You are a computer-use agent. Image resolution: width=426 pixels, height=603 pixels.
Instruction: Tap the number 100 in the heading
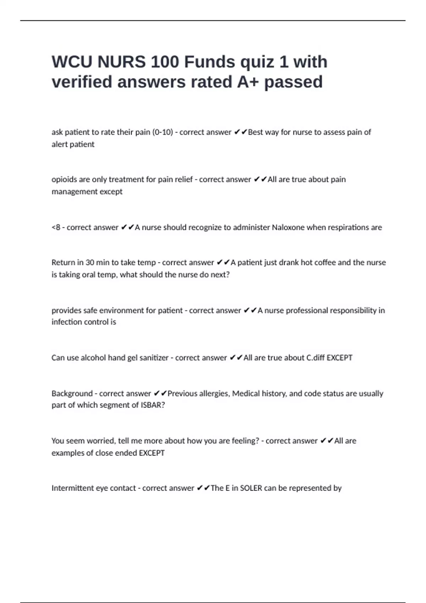165,62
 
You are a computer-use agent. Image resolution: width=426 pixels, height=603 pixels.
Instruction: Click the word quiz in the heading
257,62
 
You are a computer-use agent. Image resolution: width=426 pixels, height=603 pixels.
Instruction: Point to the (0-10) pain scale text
163,132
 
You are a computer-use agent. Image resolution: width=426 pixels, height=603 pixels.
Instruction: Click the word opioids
64,179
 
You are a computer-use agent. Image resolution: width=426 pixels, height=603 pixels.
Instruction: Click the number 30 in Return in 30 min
90,262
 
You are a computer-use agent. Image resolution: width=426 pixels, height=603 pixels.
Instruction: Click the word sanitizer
154,358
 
